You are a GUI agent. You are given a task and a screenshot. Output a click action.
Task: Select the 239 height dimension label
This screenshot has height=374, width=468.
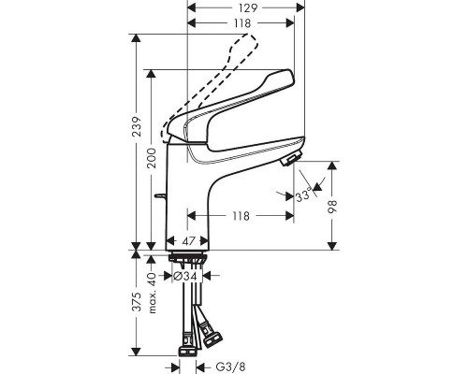pos(137,127)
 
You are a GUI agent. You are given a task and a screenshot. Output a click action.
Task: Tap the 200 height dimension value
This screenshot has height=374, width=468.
pos(152,158)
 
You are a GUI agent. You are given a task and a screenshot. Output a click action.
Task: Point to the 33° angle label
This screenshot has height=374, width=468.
pos(303,195)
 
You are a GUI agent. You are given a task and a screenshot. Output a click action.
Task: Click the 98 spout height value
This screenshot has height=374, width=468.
pos(332,206)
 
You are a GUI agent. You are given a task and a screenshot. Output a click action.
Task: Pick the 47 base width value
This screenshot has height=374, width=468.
pos(188,241)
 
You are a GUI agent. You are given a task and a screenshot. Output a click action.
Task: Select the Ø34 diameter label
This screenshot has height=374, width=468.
pos(185,276)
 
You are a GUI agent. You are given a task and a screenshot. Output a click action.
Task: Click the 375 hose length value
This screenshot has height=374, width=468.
pos(137,302)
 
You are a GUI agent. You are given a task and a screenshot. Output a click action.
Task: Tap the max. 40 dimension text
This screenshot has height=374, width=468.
pos(152,293)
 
